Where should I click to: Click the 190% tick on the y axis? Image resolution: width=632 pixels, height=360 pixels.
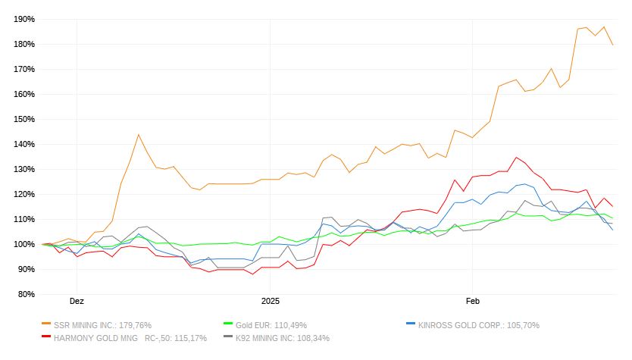pyautogui.click(x=25, y=19)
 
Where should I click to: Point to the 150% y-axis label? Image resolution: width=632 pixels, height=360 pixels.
pyautogui.click(x=25, y=119)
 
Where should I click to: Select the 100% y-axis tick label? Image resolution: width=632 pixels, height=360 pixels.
pyautogui.click(x=25, y=244)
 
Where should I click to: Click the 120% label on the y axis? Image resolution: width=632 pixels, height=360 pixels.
pyautogui.click(x=25, y=194)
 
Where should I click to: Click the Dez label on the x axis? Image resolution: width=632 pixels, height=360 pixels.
pyautogui.click(x=77, y=301)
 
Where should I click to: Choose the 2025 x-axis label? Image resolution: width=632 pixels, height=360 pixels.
pyautogui.click(x=271, y=301)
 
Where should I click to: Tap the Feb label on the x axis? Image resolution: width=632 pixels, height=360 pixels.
pyautogui.click(x=473, y=301)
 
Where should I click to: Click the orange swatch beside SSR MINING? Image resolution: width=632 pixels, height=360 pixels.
pyautogui.click(x=47, y=324)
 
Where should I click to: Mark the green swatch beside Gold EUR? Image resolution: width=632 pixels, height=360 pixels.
pyautogui.click(x=228, y=324)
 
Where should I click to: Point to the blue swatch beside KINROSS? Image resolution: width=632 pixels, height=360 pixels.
pyautogui.click(x=411, y=324)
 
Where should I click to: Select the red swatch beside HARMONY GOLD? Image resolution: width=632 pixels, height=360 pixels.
pyautogui.click(x=47, y=337)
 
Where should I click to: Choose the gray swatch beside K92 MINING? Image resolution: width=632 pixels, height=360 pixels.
pyautogui.click(x=228, y=337)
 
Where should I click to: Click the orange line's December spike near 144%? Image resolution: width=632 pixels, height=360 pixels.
pyautogui.click(x=139, y=134)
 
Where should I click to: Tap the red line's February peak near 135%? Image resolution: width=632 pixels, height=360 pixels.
pyautogui.click(x=517, y=158)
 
